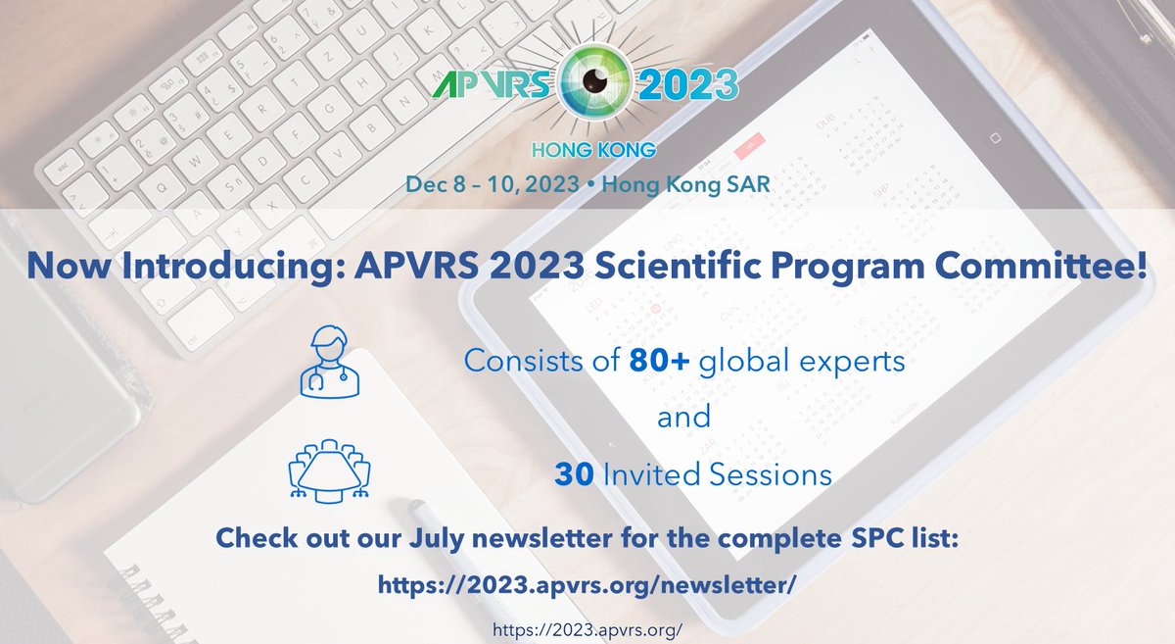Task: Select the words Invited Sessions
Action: coord(717,474)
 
